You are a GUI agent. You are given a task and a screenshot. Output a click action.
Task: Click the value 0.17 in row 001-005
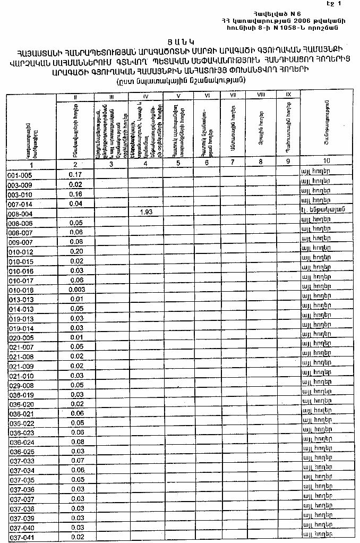click(75, 174)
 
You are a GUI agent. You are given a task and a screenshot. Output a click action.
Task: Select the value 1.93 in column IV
click(145, 212)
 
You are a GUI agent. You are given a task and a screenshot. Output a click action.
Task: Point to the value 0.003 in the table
click(76, 290)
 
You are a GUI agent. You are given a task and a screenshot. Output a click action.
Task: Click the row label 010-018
click(21, 291)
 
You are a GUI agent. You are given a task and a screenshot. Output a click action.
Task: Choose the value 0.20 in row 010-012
click(76, 251)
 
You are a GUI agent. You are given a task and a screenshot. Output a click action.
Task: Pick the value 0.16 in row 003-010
click(75, 193)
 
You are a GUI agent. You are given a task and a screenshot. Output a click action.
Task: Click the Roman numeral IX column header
click(288, 95)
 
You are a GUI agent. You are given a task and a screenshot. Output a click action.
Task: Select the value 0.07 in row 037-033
click(77, 460)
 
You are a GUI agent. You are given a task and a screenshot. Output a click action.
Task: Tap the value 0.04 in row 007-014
click(75, 203)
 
